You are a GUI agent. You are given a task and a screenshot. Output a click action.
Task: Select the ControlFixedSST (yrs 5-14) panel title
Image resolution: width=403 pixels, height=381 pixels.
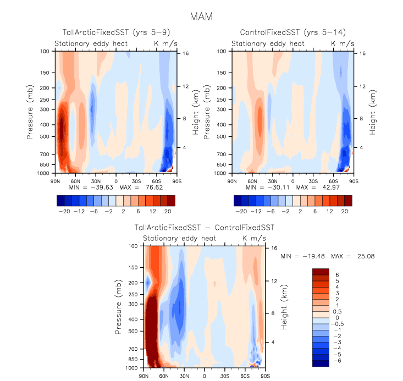292,33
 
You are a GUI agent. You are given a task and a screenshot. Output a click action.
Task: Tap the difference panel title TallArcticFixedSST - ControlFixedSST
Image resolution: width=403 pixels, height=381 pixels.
205,227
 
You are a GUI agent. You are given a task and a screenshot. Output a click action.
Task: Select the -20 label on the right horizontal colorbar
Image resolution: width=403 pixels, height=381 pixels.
241,211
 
